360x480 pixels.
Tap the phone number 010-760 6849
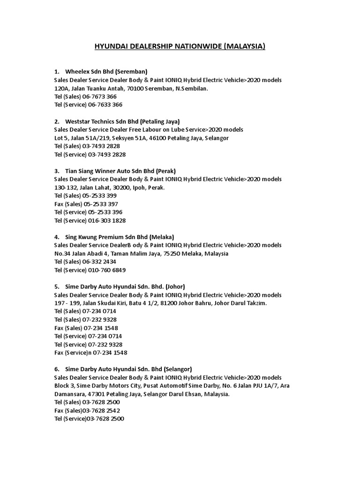[107, 270]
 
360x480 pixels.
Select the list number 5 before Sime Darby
[56, 286]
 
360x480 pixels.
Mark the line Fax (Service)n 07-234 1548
[91, 352]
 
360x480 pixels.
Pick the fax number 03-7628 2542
[104, 410]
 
